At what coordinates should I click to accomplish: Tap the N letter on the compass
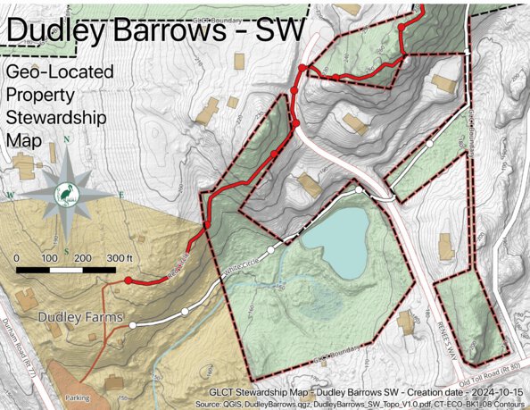coord(68,140)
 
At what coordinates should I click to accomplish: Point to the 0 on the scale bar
coord(19,258)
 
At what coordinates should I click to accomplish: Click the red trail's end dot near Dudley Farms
coord(129,280)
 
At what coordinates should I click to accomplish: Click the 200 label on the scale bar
coord(83,258)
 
